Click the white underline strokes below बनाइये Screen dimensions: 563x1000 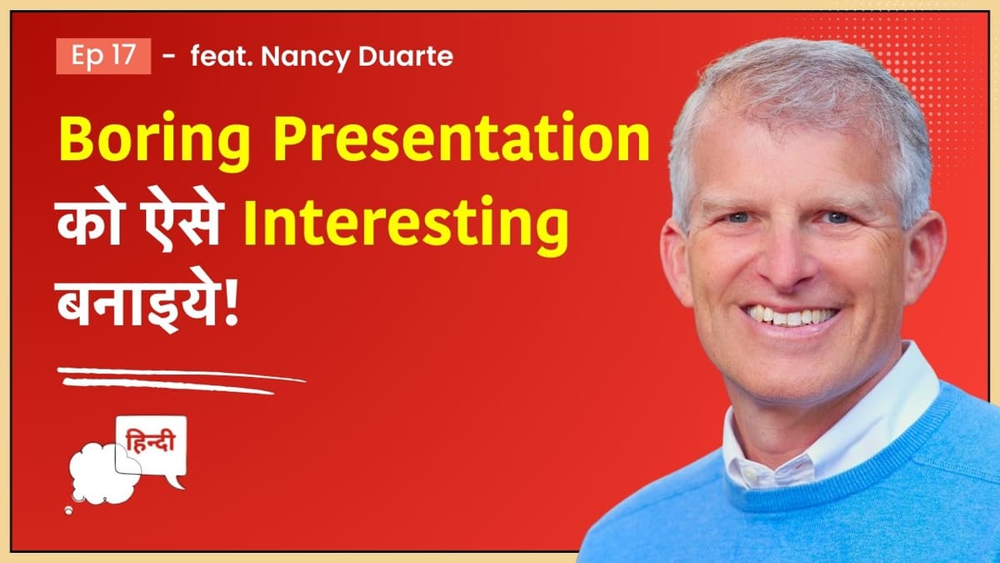(x=179, y=380)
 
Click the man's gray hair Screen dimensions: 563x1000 (x=792, y=75)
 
